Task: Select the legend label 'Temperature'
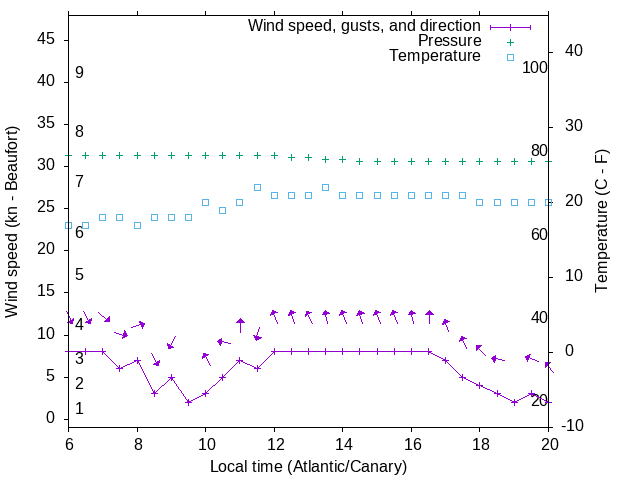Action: pyautogui.click(x=435, y=56)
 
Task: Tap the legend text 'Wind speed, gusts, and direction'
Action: pyautogui.click(x=365, y=25)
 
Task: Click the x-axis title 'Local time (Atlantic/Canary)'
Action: pyautogui.click(x=308, y=467)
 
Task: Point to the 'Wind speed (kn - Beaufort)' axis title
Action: pyautogui.click(x=12, y=222)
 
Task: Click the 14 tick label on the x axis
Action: pyautogui.click(x=342, y=443)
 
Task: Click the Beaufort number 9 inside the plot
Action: pyautogui.click(x=79, y=73)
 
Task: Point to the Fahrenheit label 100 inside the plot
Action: pyautogui.click(x=536, y=68)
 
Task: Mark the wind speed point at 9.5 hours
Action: pyautogui.click(x=188, y=402)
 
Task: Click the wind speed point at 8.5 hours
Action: pyautogui.click(x=154, y=393)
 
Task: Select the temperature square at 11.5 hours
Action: pyautogui.click(x=257, y=187)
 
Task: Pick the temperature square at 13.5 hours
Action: pyautogui.click(x=325, y=187)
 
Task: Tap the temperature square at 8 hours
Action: pyautogui.click(x=137, y=225)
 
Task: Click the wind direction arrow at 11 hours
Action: pyautogui.click(x=240, y=324)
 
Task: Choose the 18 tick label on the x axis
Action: pyautogui.click(x=479, y=443)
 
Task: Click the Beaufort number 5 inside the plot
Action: pyautogui.click(x=79, y=275)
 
